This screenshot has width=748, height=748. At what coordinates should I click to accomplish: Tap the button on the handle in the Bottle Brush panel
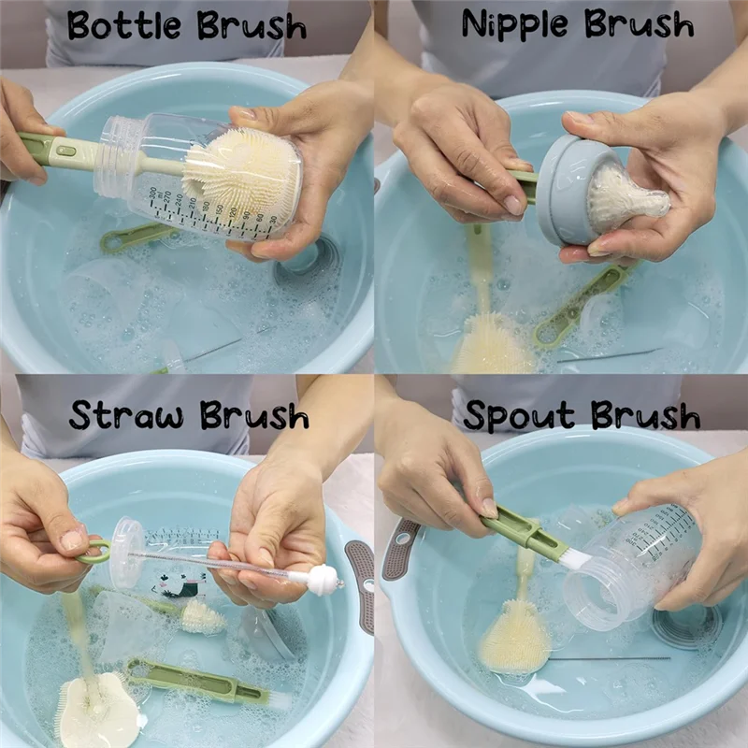(x=65, y=151)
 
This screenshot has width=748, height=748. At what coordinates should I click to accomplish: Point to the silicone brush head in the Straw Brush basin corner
(x=98, y=711)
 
